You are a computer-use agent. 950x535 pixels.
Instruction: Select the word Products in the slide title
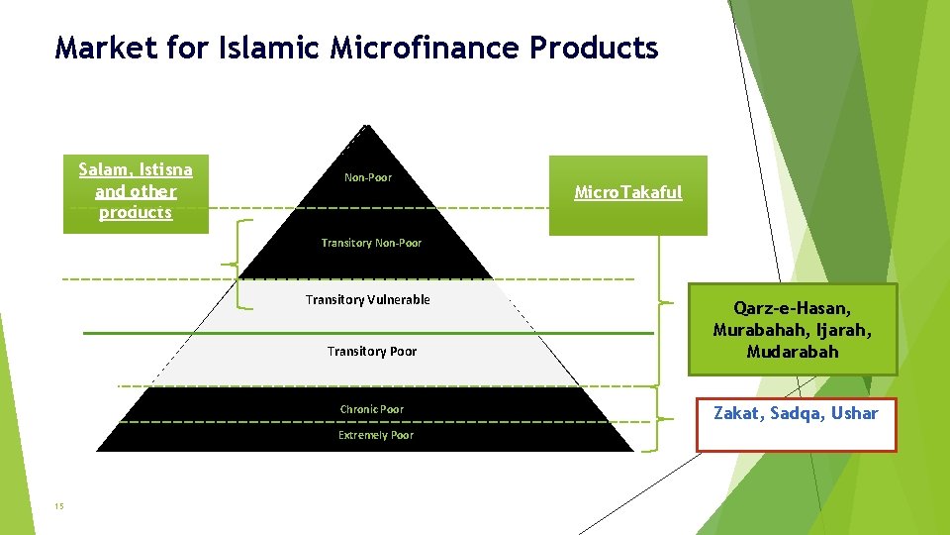[x=595, y=47]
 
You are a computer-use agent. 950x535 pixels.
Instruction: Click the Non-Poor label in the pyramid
[x=368, y=177]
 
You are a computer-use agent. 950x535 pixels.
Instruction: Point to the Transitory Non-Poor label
[x=371, y=243]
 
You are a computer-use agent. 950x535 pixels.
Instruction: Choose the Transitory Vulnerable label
[x=368, y=299]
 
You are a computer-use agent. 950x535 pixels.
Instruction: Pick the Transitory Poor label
[x=372, y=351]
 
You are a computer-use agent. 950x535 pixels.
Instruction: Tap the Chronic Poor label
[x=372, y=409]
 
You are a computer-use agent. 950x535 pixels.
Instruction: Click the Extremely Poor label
[x=376, y=435]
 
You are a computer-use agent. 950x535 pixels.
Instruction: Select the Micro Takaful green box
[x=628, y=193]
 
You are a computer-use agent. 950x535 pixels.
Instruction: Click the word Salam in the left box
[x=107, y=169]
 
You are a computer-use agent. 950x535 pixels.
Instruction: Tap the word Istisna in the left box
[x=167, y=169]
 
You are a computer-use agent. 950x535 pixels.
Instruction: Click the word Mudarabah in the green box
[x=793, y=352]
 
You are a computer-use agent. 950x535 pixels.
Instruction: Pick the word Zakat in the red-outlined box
[x=737, y=413]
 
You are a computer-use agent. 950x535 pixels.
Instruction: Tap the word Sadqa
[x=797, y=413]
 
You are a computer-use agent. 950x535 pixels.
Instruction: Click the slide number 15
[x=59, y=506]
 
